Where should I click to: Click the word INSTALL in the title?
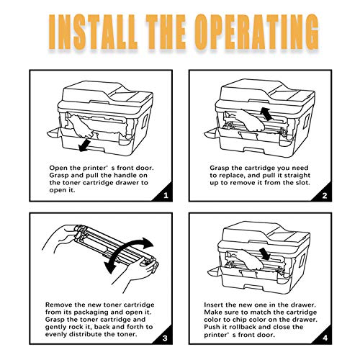(93, 32)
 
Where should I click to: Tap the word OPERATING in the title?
(256, 32)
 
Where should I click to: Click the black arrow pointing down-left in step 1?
(84, 145)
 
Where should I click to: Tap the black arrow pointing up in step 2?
(266, 114)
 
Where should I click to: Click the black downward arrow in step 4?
(266, 254)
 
